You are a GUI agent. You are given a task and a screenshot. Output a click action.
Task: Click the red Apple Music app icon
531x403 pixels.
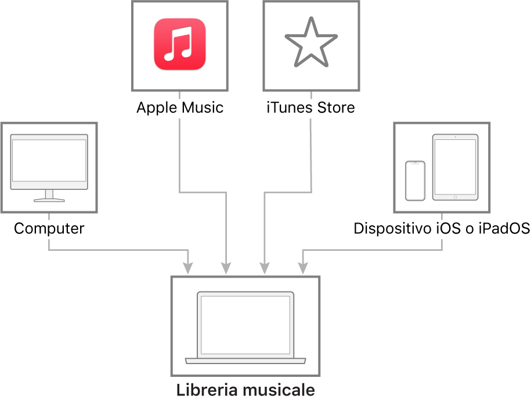(180, 44)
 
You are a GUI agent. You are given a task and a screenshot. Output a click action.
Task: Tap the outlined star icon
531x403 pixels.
(311, 42)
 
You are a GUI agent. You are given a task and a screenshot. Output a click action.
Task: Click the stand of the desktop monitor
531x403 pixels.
(49, 196)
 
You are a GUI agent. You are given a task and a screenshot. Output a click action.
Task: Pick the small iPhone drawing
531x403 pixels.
(415, 181)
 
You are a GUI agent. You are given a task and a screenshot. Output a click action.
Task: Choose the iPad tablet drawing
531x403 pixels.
(456, 167)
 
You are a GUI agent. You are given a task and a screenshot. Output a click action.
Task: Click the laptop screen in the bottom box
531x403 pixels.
(245, 325)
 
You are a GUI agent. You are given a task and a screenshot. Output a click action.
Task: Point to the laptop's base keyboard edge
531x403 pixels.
(245, 361)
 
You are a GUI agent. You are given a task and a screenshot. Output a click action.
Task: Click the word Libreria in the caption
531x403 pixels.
(208, 389)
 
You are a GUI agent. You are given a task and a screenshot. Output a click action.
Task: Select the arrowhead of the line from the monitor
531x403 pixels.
(188, 268)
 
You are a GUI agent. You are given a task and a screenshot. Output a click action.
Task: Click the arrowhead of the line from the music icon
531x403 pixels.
(226, 268)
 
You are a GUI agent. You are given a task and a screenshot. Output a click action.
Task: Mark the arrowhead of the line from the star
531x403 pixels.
(265, 268)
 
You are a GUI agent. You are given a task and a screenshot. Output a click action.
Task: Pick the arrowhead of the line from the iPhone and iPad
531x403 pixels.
(302, 268)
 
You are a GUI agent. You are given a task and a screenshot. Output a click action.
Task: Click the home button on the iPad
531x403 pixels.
(456, 197)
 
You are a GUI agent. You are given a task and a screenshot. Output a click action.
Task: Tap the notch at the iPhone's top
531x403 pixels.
(415, 163)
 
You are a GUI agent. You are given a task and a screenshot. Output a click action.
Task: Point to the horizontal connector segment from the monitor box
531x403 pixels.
(116, 250)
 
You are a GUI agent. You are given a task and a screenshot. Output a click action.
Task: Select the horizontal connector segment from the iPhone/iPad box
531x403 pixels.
(371, 250)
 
